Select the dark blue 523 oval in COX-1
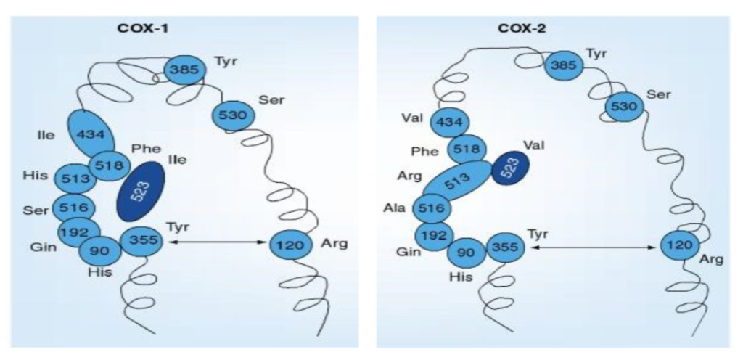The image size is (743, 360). tap(140, 192)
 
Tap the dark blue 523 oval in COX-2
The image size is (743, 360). tap(510, 169)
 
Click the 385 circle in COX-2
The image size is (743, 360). tap(565, 66)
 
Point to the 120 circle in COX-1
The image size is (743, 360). tap(290, 245)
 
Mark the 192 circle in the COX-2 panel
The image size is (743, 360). tap(434, 235)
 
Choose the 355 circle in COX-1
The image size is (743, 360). tap(141, 241)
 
